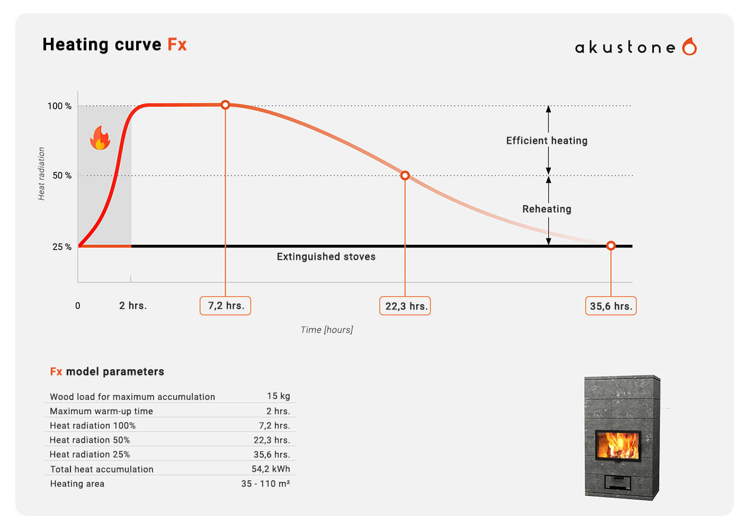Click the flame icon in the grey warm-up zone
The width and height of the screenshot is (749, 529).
point(100,138)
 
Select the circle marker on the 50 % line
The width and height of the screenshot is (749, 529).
point(405,175)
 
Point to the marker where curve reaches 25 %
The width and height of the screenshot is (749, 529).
point(611,245)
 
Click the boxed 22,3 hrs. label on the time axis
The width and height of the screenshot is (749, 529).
point(405,306)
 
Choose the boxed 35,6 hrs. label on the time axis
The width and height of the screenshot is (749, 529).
point(611,306)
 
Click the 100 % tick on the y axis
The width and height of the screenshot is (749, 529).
point(59,106)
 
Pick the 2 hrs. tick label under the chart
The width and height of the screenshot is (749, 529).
point(133,306)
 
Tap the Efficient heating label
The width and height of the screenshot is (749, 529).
point(547,141)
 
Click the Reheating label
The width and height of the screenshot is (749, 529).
point(547,209)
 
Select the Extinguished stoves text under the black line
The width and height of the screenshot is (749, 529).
point(326,257)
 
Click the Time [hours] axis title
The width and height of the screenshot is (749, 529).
point(326,330)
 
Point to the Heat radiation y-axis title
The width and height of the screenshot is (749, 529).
point(41,174)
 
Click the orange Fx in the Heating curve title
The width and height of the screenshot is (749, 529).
point(177,44)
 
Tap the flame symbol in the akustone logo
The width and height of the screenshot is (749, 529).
point(689,47)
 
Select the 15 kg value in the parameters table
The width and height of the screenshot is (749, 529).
point(278,396)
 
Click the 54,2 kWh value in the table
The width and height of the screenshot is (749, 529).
point(271,469)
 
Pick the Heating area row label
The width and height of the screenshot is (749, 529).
point(77,484)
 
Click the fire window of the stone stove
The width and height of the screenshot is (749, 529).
point(619,445)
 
